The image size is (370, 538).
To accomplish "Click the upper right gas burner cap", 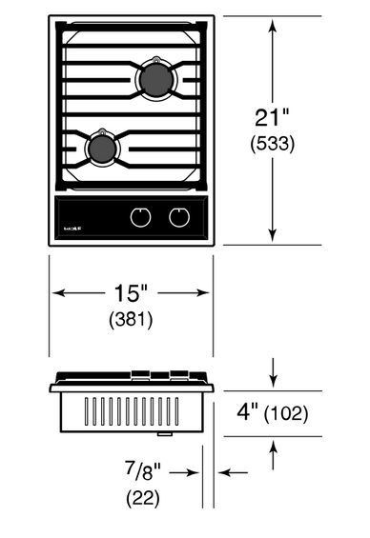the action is pos(156,79).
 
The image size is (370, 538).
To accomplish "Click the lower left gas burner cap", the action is pos(102,149).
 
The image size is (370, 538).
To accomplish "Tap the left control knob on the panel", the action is pos(140,217).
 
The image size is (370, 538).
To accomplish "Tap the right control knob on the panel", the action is pos(179,217).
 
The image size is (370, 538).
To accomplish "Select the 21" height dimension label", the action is pos(272,118).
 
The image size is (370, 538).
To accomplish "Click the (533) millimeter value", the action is pos(273,144).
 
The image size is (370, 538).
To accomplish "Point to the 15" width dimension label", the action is pos(131,293).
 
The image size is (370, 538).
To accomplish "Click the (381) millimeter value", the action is pos(131,320).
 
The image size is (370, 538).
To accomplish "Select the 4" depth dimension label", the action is pos(247,411).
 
